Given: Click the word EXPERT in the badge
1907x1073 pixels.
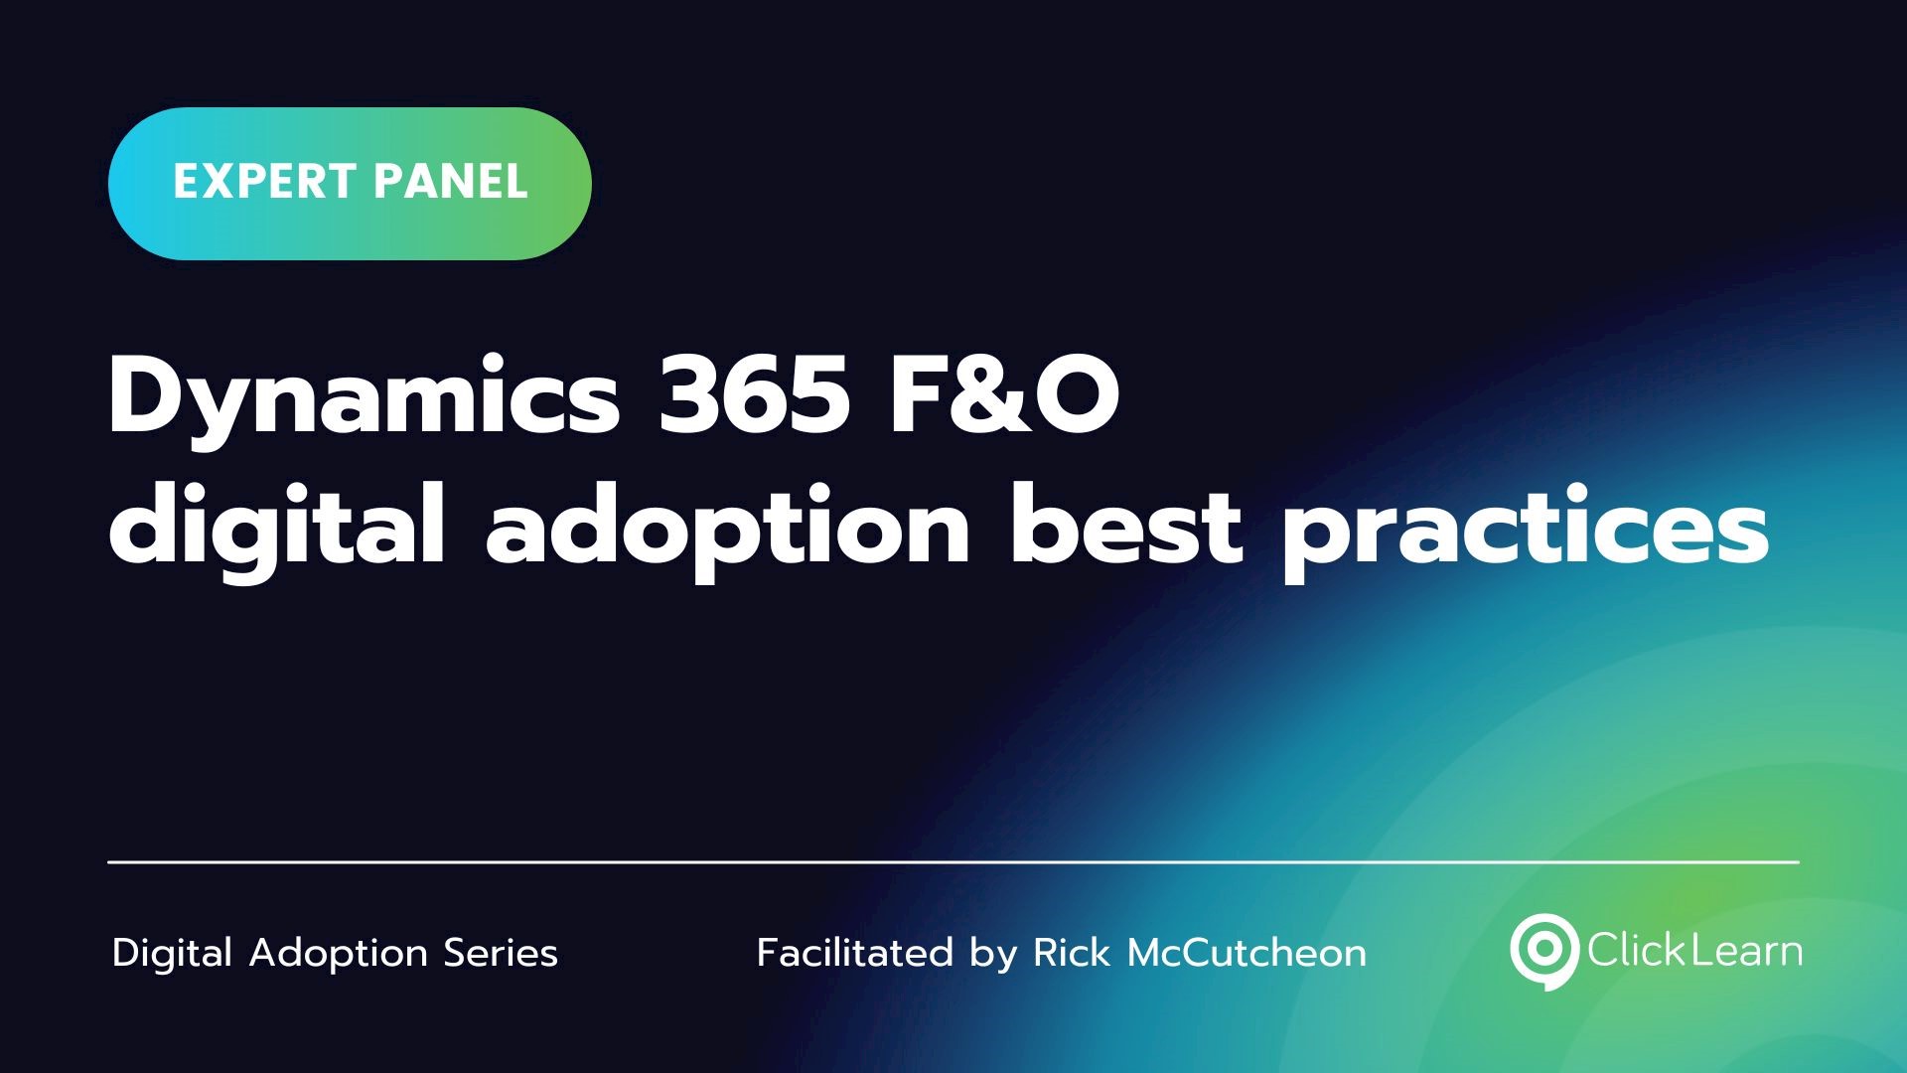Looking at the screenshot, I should pyautogui.click(x=264, y=182).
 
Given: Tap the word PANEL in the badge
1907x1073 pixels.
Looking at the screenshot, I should pyautogui.click(x=451, y=182).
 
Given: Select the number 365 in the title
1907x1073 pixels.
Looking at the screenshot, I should pyautogui.click(x=755, y=394).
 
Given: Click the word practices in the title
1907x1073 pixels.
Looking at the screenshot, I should pyautogui.click(x=1526, y=529).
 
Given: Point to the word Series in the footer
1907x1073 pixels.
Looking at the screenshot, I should pyautogui.click(x=501, y=953).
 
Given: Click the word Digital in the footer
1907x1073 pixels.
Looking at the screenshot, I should pyautogui.click(x=173, y=954).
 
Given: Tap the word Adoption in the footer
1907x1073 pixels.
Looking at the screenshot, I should pyautogui.click(x=338, y=954).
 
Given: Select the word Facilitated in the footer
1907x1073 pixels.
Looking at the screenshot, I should pyautogui.click(x=855, y=953).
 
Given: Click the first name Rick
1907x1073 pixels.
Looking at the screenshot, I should pyautogui.click(x=1072, y=953).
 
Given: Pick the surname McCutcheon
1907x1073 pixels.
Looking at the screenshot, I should pyautogui.click(x=1247, y=953).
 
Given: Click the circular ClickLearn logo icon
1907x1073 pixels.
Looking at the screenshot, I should pyautogui.click(x=1543, y=950).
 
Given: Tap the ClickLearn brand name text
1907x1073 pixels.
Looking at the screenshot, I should pyautogui.click(x=1694, y=951).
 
